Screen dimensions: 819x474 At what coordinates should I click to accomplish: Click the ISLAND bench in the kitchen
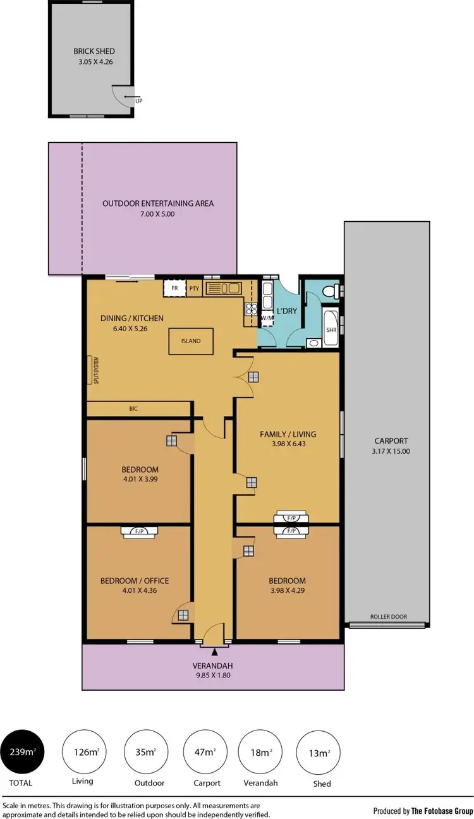190,341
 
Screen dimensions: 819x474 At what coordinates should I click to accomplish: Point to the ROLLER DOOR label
388,617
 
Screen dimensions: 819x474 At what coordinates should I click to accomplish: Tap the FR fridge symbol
174,289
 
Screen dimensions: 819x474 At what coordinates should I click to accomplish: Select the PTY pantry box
194,289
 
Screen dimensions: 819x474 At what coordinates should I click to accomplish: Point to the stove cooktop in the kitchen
250,309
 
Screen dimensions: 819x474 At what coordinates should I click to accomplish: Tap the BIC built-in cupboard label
133,409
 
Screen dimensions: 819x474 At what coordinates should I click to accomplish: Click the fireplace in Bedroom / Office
138,531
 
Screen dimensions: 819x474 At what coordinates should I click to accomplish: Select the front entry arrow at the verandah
214,651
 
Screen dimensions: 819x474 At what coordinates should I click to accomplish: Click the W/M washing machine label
266,318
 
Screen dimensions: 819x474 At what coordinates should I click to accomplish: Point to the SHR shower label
331,330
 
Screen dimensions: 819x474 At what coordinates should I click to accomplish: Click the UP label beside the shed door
138,100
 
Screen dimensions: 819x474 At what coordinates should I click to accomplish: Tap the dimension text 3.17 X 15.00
391,451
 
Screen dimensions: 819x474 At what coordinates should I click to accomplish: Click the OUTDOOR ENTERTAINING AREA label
158,203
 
